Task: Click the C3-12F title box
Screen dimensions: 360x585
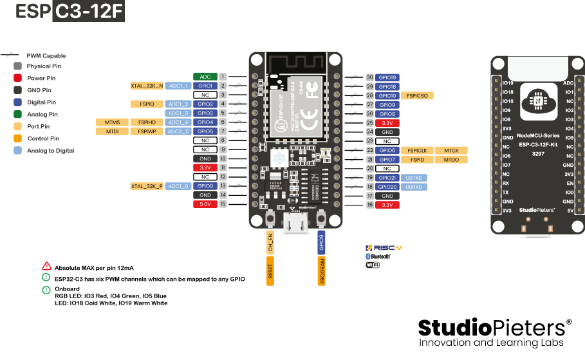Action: (x=88, y=12)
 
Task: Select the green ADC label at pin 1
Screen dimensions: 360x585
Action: (x=205, y=77)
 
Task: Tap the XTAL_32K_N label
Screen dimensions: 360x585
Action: (x=147, y=86)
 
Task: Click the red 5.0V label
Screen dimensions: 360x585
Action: (x=205, y=204)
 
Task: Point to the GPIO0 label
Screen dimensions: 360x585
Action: (x=205, y=186)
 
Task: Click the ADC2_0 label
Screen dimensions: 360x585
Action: (x=178, y=131)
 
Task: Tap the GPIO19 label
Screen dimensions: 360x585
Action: (x=387, y=77)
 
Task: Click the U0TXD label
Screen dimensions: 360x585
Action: (x=414, y=177)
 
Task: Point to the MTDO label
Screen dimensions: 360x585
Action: (x=451, y=159)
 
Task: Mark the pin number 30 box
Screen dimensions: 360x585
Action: (x=370, y=77)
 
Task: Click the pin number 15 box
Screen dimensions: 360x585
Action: (x=223, y=204)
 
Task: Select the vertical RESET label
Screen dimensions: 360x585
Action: (x=270, y=271)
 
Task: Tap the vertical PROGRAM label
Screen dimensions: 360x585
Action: (x=322, y=271)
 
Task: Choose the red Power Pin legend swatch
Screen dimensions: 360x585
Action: (x=17, y=78)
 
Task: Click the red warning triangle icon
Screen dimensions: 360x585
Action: (x=46, y=266)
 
